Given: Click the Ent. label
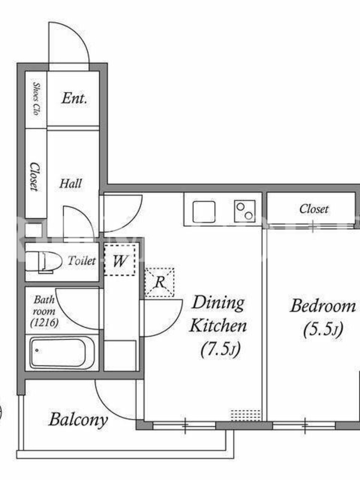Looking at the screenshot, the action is click(74, 98).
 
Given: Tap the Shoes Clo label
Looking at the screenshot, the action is click(37, 98).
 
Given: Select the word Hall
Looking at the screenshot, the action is click(71, 184).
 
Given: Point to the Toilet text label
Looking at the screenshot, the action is click(82, 260).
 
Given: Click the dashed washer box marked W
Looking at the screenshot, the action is click(119, 260).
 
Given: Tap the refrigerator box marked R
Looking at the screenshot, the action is click(159, 282).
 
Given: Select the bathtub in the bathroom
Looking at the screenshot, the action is click(62, 353).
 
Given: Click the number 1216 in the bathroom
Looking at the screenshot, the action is click(44, 322).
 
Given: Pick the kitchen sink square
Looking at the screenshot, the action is click(203, 212).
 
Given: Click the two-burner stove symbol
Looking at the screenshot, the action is click(245, 211).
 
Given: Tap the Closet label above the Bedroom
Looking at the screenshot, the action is click(314, 209).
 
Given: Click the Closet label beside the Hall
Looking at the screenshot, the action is click(35, 176).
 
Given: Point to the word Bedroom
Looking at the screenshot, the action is click(323, 306).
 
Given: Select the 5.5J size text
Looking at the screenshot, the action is click(323, 329).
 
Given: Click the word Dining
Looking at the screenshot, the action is click(218, 303).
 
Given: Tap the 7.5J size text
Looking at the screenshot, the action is click(220, 349).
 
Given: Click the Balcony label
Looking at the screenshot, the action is click(79, 419).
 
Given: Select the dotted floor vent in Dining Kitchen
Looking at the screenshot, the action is click(245, 415).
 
